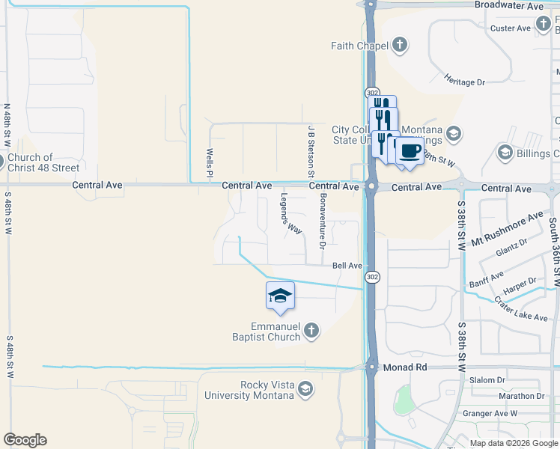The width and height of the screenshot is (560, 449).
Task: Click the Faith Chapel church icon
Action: [400, 45]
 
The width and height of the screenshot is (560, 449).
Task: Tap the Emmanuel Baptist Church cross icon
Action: [311, 330]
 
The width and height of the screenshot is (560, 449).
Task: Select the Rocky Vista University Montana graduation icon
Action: [305, 389]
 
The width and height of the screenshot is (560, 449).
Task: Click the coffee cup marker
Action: [409, 151]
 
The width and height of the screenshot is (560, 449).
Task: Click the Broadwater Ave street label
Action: [508, 5]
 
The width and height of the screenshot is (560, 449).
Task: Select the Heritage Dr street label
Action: [464, 79]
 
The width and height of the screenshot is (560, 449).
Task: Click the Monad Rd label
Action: [405, 367]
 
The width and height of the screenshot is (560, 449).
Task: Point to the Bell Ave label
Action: [347, 266]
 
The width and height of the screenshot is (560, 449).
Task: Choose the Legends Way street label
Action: [291, 213]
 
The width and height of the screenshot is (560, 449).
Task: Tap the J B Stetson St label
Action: [310, 150]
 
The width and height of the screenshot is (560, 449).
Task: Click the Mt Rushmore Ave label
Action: [507, 228]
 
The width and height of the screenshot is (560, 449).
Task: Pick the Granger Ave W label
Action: [490, 413]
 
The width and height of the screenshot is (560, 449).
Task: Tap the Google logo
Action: [25, 440]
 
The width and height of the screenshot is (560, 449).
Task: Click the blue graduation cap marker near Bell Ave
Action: [280, 296]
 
